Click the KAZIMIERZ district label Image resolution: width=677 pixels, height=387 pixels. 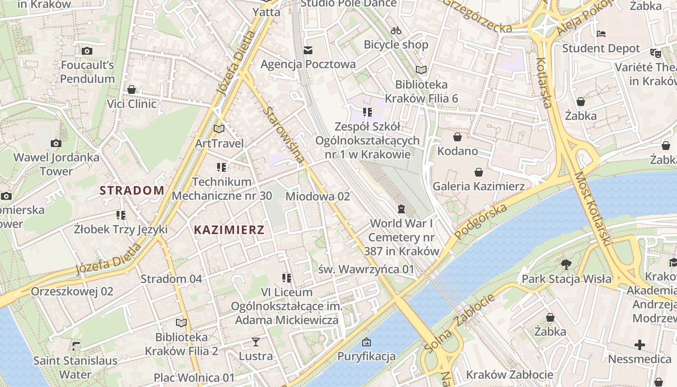pyautogui.click(x=229, y=230)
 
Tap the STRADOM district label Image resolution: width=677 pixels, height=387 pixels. pyautogui.click(x=132, y=190)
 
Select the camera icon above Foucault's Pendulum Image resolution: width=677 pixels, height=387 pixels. pyautogui.click(x=87, y=51)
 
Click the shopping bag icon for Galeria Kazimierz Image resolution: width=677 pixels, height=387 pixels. pyautogui.click(x=478, y=172)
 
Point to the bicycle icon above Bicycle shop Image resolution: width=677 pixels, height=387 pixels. pyautogui.click(x=396, y=30)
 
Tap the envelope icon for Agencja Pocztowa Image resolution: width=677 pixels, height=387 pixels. pyautogui.click(x=308, y=50)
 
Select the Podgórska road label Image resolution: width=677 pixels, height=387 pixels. pyautogui.click(x=482, y=221)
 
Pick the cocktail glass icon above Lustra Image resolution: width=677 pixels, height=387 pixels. pyautogui.click(x=256, y=342)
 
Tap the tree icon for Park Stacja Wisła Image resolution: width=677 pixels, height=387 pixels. pyautogui.click(x=566, y=265)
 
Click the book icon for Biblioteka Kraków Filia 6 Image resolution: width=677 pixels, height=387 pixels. pyautogui.click(x=421, y=70)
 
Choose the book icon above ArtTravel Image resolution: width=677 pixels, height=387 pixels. pyautogui.click(x=219, y=129)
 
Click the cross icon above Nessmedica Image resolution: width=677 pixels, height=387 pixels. pyautogui.click(x=639, y=345)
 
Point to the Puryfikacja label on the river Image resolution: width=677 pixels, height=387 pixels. pyautogui.click(x=367, y=357)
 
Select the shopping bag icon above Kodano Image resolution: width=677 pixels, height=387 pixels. pyautogui.click(x=457, y=137)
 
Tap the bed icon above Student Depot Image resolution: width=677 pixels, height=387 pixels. pyautogui.click(x=601, y=34)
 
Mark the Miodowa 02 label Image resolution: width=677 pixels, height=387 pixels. pyautogui.click(x=317, y=196)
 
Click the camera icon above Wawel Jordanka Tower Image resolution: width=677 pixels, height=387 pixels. pyautogui.click(x=56, y=143)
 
